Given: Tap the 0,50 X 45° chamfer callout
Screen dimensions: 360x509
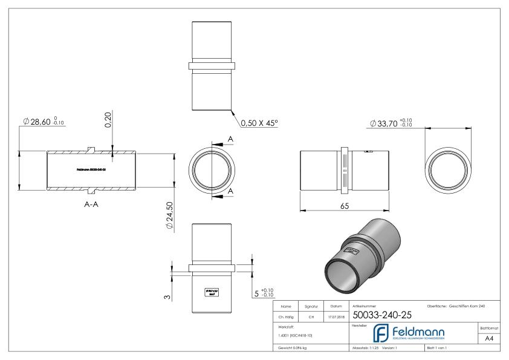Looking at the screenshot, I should point(259,123).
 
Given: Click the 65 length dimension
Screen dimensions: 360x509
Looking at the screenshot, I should point(344,206).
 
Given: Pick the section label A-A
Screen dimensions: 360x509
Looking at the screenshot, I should point(92,204).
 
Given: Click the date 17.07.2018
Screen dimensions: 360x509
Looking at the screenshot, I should point(335,315).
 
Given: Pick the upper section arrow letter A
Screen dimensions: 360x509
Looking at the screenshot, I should point(231,139).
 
